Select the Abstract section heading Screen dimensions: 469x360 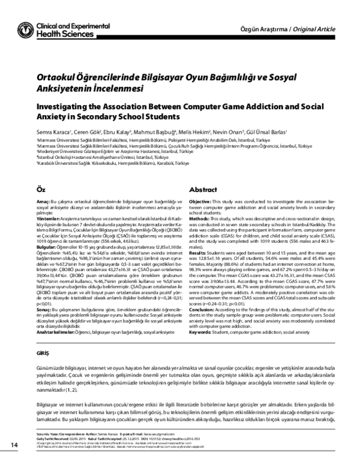point(203,188)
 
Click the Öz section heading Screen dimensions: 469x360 point(40,188)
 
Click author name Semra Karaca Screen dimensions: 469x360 point(53,132)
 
